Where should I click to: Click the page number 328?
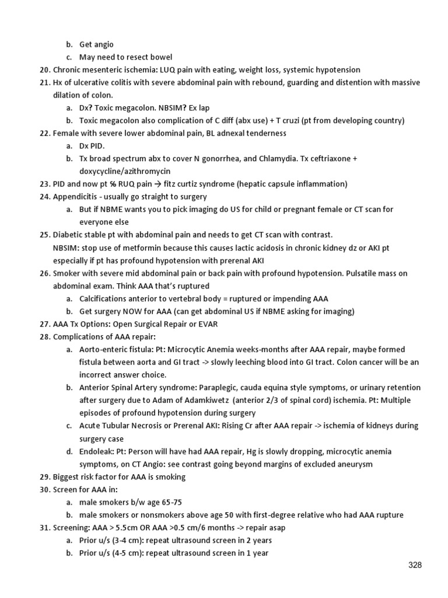tap(415, 565)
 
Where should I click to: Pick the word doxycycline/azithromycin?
tap(125, 171)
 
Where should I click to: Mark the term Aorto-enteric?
tap(104, 349)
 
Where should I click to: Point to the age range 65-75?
tap(175, 502)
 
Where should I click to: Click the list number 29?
tap(45, 477)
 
